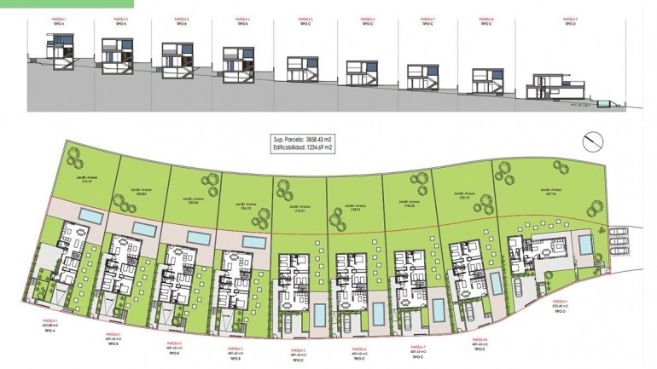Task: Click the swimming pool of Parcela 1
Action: [x=92, y=219]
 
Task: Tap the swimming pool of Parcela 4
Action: [x=253, y=244]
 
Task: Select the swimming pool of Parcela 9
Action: [x=586, y=244]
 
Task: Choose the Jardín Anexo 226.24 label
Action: [x=85, y=180]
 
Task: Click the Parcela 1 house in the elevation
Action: [x=61, y=53]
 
